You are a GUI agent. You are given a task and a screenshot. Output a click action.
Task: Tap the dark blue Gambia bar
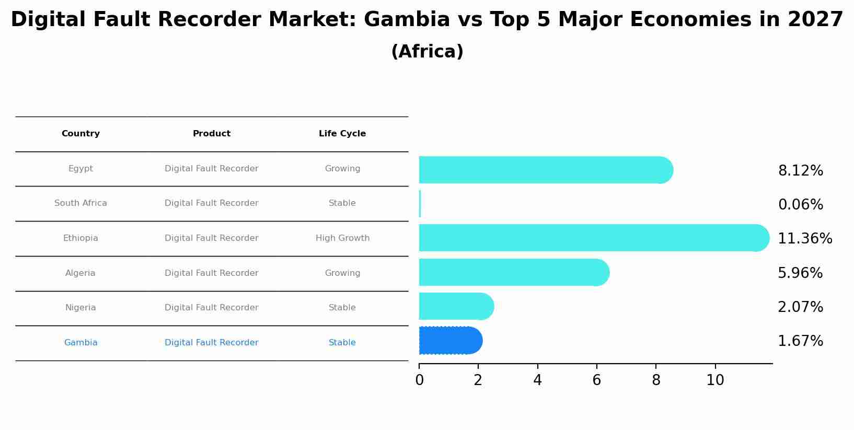[450, 341]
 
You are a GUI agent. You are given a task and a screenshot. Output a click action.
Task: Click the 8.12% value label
[800, 171]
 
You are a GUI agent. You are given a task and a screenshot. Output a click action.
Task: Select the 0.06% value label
[800, 205]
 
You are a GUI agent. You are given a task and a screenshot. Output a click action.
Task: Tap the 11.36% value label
[804, 239]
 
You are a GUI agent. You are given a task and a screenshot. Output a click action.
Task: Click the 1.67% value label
[800, 341]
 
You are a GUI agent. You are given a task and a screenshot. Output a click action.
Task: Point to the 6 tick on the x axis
[596, 380]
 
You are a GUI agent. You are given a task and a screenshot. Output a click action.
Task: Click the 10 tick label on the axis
[715, 380]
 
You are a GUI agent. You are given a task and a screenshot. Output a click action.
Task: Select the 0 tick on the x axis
[419, 380]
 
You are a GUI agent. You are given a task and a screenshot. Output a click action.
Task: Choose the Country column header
[80, 134]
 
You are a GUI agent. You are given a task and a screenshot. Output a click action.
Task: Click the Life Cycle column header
[342, 134]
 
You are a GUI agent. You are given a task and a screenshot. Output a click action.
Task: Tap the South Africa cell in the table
[80, 203]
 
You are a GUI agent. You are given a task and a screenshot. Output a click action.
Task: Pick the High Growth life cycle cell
[342, 238]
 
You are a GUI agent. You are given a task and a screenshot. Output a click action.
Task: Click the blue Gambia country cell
[80, 343]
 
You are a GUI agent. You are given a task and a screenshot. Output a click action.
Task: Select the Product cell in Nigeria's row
[211, 308]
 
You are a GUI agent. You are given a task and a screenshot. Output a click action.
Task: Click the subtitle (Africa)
[427, 52]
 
